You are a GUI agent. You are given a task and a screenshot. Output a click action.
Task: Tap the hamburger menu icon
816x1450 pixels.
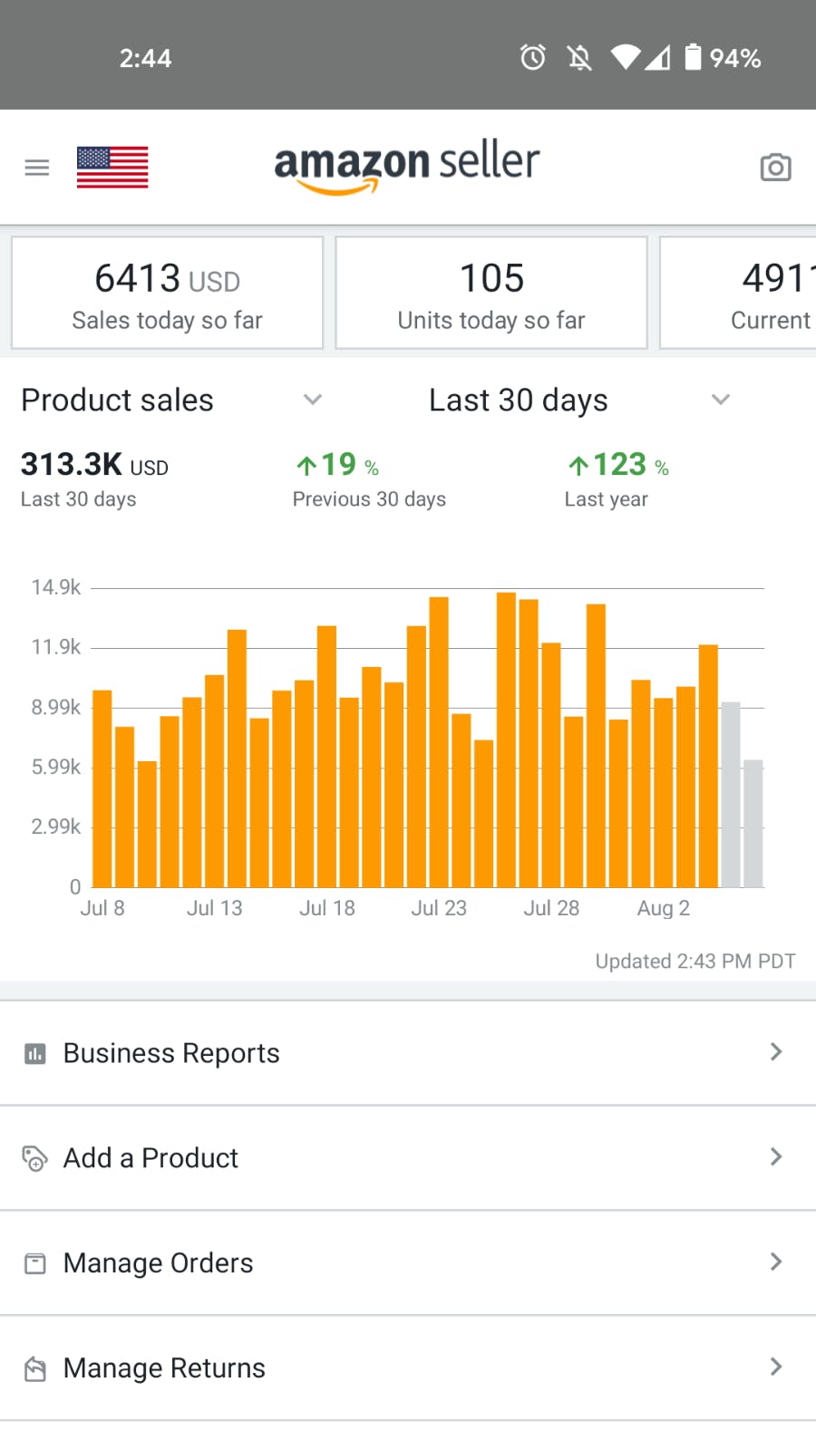pyautogui.click(x=37, y=168)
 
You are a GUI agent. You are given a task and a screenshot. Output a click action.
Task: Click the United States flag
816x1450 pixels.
pyautogui.click(x=112, y=168)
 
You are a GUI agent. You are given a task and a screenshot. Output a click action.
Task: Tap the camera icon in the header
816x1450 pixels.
pyautogui.click(x=775, y=168)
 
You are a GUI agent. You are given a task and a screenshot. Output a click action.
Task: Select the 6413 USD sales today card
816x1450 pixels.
pyautogui.click(x=168, y=293)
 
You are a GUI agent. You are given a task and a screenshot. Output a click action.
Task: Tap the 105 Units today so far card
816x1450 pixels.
pyautogui.click(x=491, y=293)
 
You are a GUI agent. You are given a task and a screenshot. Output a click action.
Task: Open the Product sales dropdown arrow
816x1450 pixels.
pyautogui.click(x=313, y=400)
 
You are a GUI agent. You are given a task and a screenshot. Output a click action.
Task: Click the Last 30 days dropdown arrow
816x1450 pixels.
pyautogui.click(x=721, y=400)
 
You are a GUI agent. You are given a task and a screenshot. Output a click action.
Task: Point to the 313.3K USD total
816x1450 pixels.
pyautogui.click(x=94, y=465)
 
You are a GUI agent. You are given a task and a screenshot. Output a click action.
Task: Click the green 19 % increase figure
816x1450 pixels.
pyautogui.click(x=337, y=465)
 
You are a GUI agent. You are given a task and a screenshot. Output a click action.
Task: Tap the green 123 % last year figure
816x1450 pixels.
pyautogui.click(x=618, y=465)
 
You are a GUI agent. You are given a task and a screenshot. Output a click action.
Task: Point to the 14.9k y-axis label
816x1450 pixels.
pyautogui.click(x=56, y=587)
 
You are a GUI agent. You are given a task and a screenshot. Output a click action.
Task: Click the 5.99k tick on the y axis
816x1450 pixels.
pyautogui.click(x=56, y=767)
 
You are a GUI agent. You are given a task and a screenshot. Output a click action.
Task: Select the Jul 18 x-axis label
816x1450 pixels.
pyautogui.click(x=327, y=908)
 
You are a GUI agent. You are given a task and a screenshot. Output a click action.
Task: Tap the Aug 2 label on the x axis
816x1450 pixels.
pyautogui.click(x=664, y=908)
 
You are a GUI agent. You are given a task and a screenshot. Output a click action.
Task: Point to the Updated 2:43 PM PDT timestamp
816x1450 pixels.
pyautogui.click(x=695, y=962)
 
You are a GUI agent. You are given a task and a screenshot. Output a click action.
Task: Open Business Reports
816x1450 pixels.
pyautogui.click(x=171, y=1053)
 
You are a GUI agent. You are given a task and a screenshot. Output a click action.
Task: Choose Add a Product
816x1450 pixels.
pyautogui.click(x=151, y=1158)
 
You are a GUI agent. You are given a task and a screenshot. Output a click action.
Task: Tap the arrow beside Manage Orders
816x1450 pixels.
pyautogui.click(x=775, y=1261)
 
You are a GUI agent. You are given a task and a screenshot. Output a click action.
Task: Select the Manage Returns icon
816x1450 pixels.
pyautogui.click(x=35, y=1368)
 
